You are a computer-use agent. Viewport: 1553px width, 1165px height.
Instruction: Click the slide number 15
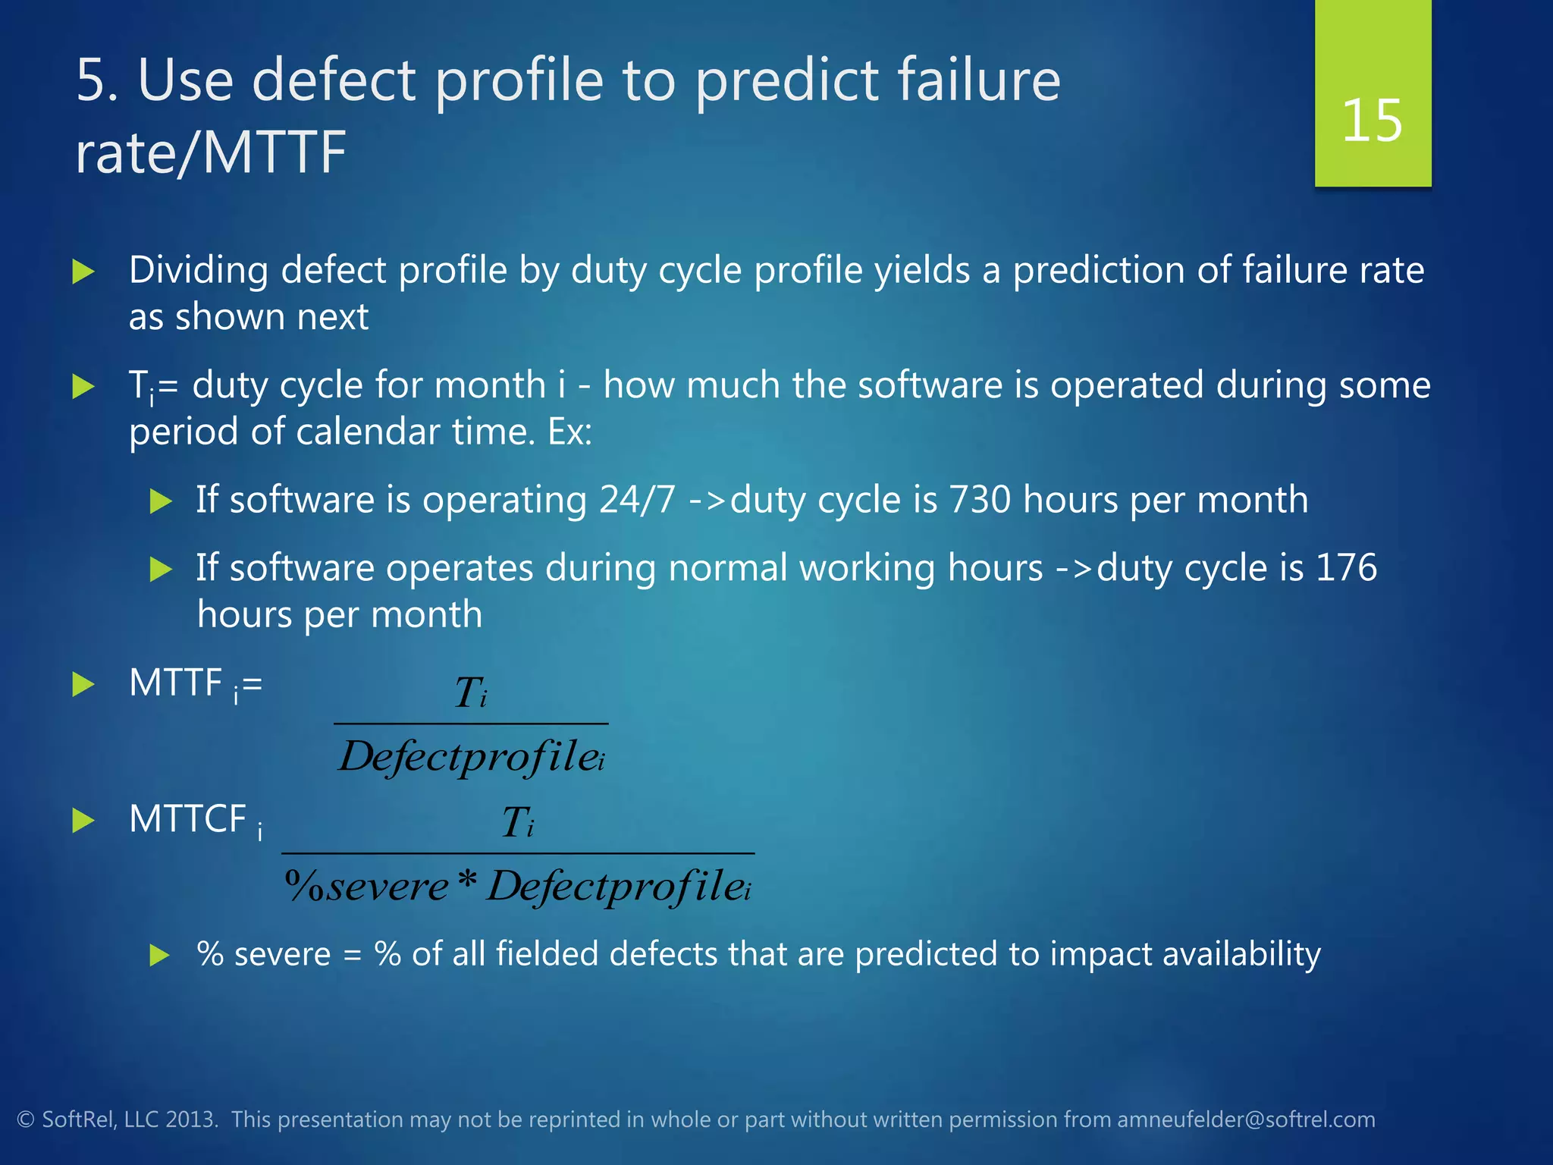coord(1372,121)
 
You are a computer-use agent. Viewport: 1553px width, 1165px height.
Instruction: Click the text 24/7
coord(637,501)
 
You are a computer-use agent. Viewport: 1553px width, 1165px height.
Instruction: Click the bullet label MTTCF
coord(187,820)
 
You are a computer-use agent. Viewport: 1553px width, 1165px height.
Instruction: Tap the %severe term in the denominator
coord(367,887)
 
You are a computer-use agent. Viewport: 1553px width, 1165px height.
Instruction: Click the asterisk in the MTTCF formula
coord(468,881)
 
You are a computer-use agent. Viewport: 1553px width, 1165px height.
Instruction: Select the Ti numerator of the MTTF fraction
coord(470,692)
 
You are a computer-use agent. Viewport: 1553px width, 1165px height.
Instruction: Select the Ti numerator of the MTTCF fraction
coord(518,822)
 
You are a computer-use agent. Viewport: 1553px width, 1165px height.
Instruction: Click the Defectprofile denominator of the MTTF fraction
coord(470,756)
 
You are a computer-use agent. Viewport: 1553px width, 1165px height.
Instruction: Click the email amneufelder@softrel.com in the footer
coord(1246,1119)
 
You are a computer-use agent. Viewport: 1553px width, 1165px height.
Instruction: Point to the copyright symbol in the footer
coord(26,1120)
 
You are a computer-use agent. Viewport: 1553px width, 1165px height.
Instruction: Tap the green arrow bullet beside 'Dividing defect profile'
coord(83,272)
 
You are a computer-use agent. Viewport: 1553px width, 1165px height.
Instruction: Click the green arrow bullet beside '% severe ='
coord(160,955)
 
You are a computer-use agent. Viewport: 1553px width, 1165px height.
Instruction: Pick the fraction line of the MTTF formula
coord(470,724)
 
